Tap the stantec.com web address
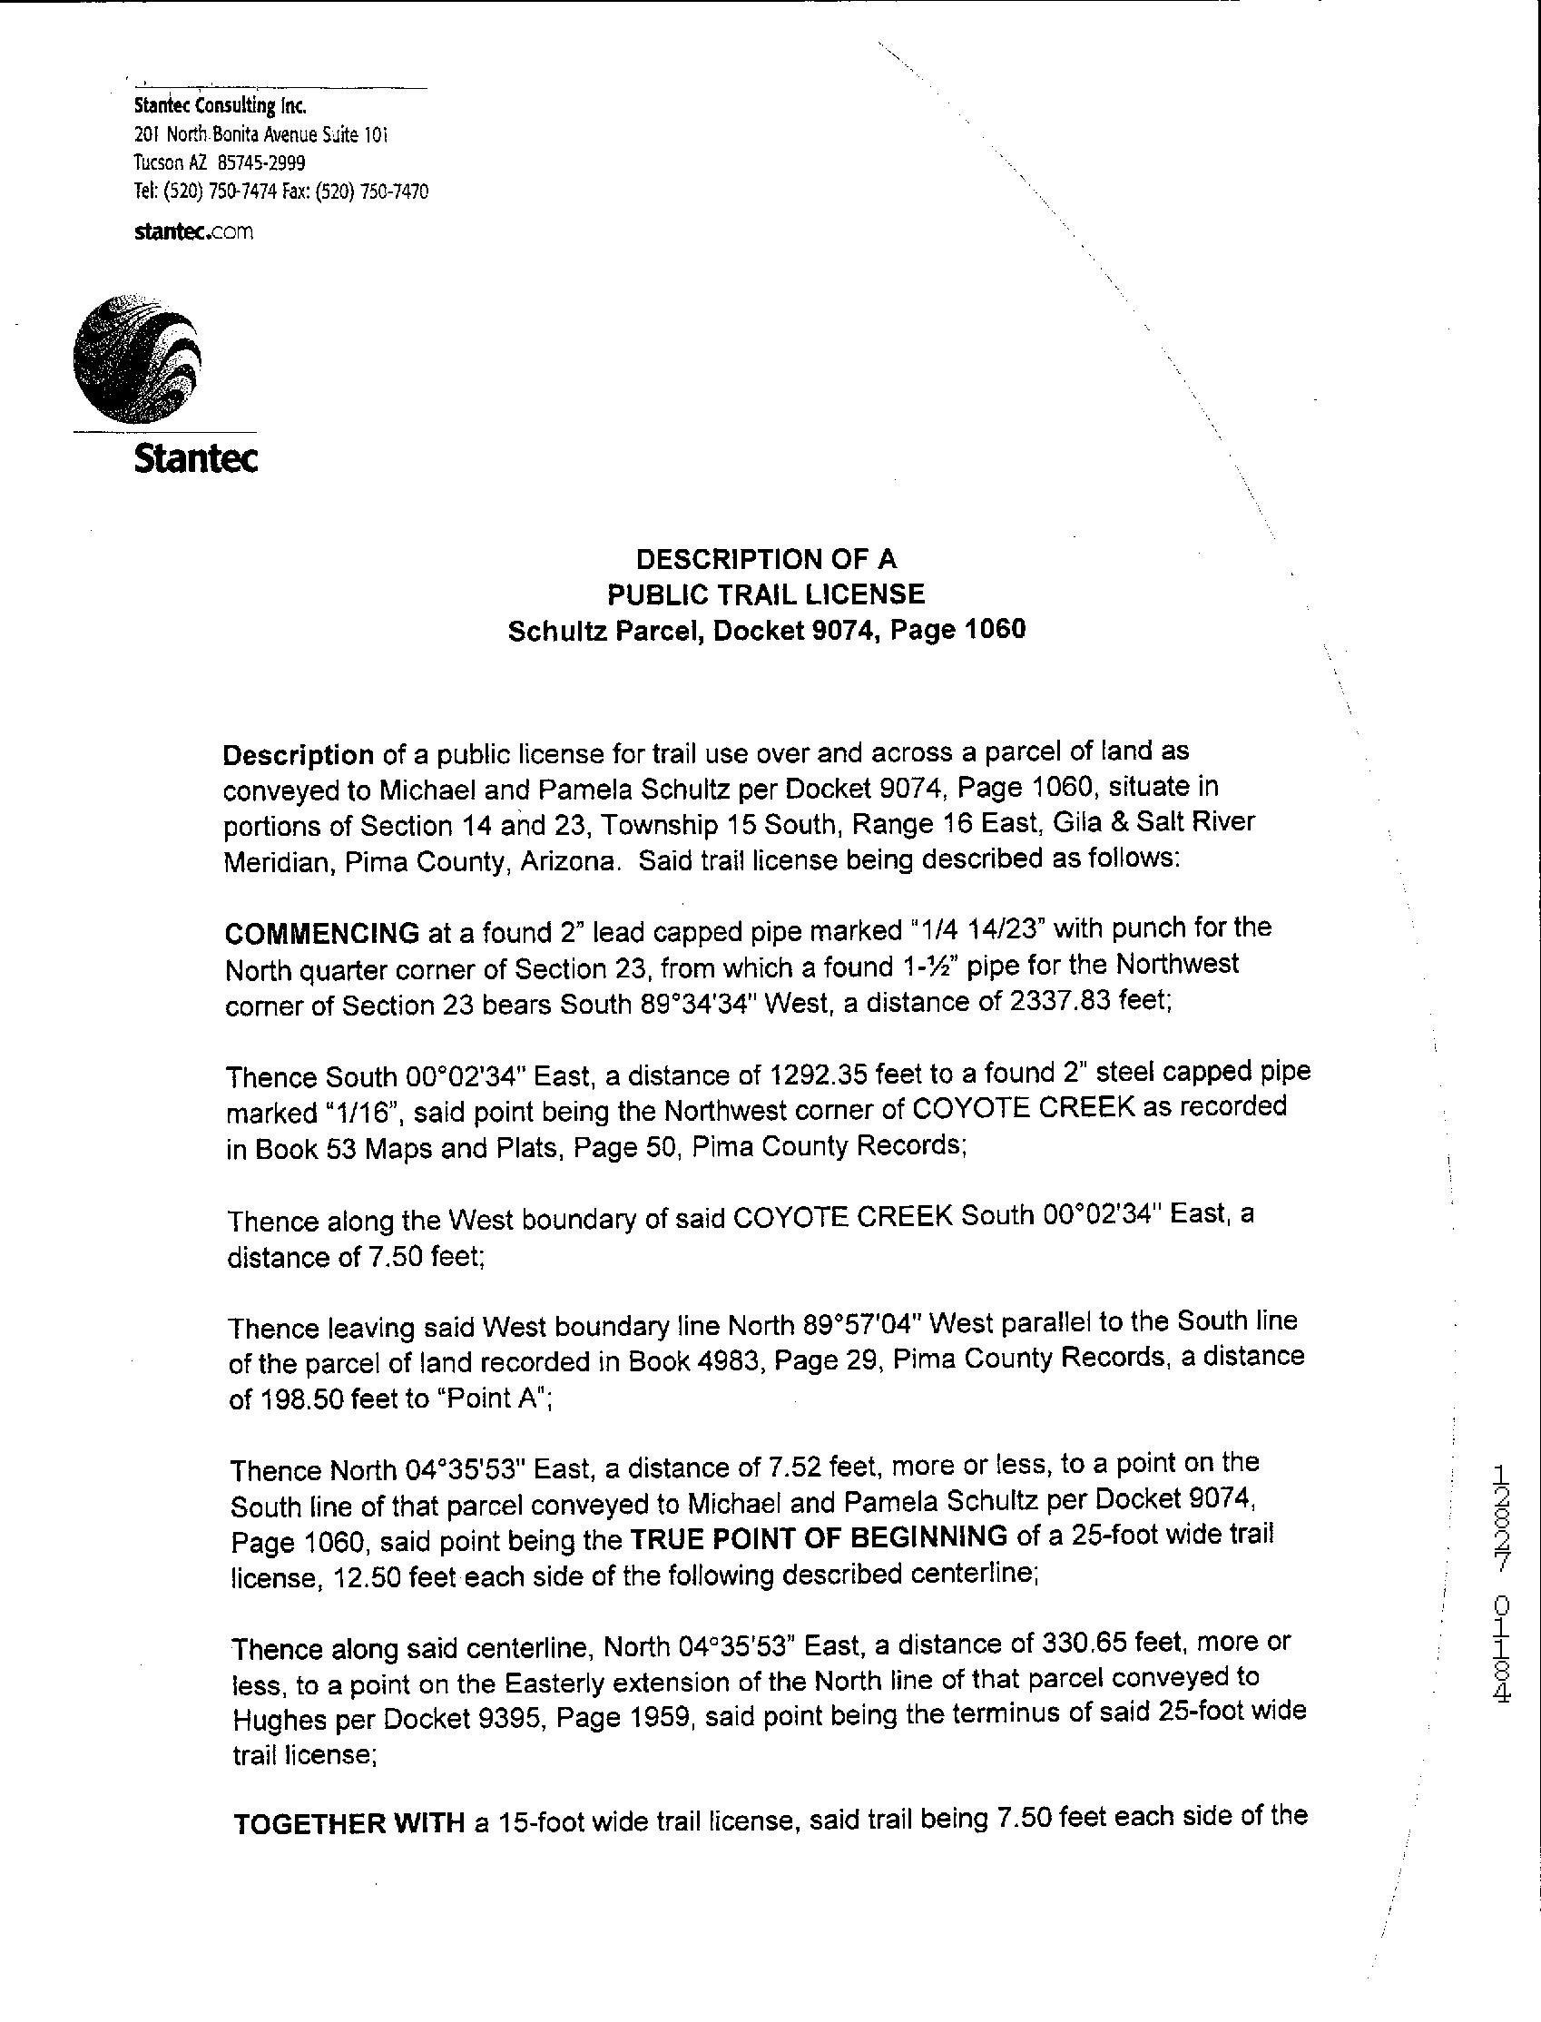click(193, 232)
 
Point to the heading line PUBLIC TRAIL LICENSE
click(766, 594)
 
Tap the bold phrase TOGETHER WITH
click(348, 1823)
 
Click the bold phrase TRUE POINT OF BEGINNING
click(820, 1536)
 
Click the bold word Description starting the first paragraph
click(298, 755)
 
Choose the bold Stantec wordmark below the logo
click(195, 458)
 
